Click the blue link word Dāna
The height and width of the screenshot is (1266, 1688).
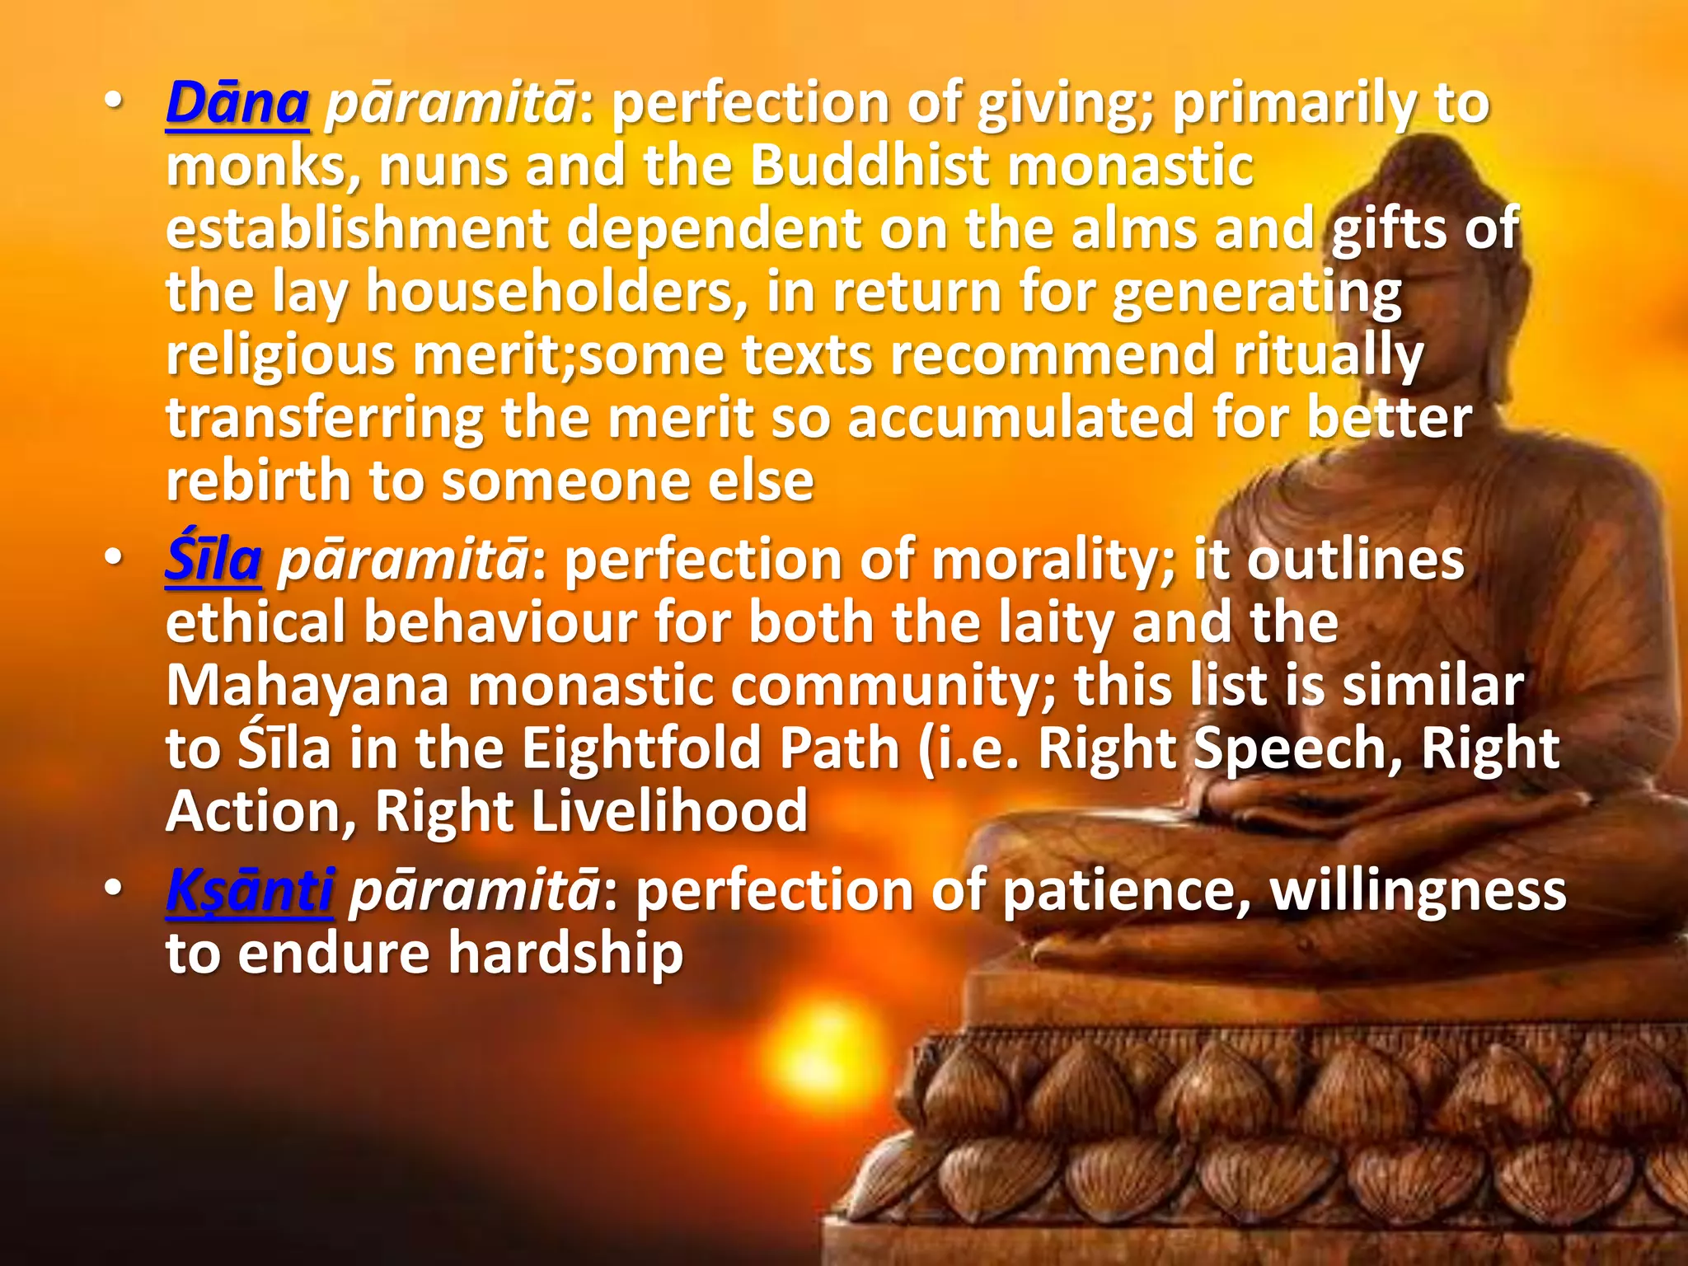point(237,105)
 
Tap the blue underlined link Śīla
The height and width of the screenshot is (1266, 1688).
point(213,561)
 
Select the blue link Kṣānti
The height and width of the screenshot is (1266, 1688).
point(250,891)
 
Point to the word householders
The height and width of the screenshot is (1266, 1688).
point(556,293)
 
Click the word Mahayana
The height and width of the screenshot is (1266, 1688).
point(307,687)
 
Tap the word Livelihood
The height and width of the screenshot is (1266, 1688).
point(669,812)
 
